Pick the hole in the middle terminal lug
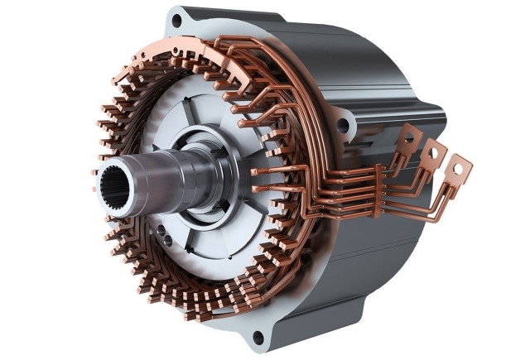pos(431,152)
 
